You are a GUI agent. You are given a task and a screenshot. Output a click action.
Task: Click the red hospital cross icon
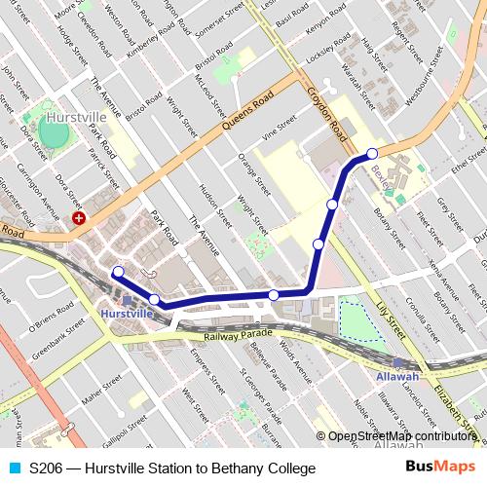click(x=79, y=219)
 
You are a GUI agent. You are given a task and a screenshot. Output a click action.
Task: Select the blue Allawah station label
click(x=397, y=376)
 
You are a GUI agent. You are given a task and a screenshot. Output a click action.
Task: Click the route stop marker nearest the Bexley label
click(x=372, y=153)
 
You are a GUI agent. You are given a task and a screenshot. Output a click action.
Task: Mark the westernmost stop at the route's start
click(x=118, y=272)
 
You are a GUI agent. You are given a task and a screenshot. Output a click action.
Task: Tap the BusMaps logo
click(x=438, y=468)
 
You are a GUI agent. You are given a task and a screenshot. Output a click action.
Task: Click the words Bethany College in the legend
click(x=269, y=468)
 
